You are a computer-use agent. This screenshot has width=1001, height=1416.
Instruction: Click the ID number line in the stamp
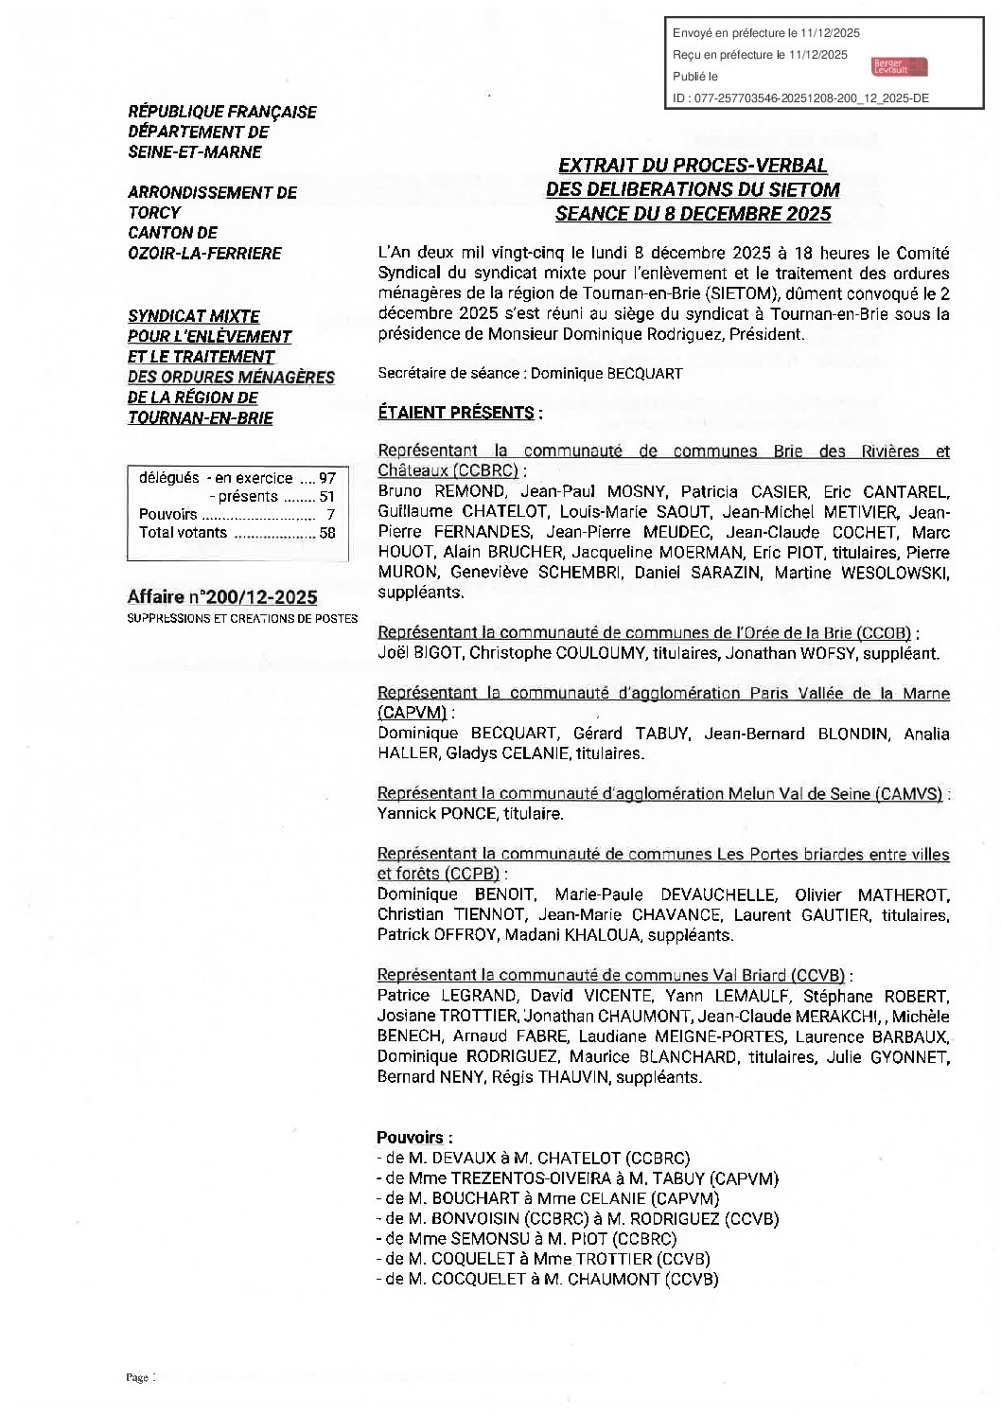click(800, 97)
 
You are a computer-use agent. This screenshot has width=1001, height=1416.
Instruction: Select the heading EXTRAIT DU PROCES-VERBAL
click(693, 166)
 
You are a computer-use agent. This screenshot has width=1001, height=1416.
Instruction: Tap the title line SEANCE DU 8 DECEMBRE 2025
click(693, 214)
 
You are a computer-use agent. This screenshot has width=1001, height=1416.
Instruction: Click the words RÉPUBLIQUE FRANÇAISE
click(222, 112)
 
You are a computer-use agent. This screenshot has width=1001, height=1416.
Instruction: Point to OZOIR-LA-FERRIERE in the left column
click(204, 253)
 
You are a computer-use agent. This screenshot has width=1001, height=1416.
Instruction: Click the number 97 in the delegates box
click(327, 479)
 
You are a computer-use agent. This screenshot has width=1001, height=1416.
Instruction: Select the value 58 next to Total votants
click(327, 533)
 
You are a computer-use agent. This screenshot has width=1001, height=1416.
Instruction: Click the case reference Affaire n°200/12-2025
click(222, 597)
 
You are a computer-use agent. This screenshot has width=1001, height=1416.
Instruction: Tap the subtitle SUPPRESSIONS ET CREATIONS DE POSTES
click(242, 618)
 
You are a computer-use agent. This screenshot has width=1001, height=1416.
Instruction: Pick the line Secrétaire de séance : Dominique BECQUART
click(530, 373)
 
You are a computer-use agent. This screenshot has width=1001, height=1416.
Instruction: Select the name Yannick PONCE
click(423, 813)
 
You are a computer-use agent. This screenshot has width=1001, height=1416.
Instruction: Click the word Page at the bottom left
click(138, 1377)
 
